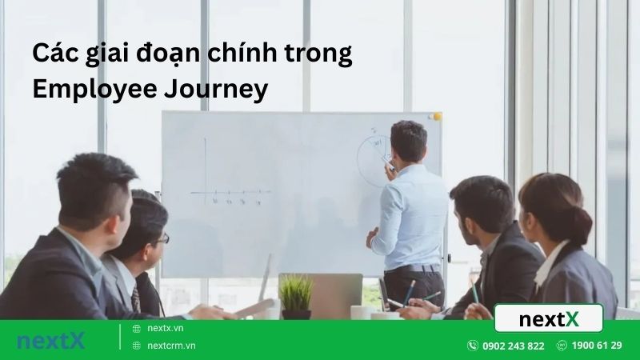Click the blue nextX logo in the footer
pyautogui.click(x=50, y=340)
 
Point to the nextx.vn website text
pyautogui.click(x=166, y=328)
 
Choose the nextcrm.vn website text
pyautogui.click(x=171, y=346)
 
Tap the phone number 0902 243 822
pyautogui.click(x=513, y=346)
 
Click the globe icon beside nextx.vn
pyautogui.click(x=137, y=328)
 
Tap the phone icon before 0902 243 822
pyautogui.click(x=473, y=346)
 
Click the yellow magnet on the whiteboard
pyautogui.click(x=436, y=117)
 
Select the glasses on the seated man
pyautogui.click(x=162, y=238)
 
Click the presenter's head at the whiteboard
pyautogui.click(x=408, y=142)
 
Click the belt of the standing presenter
pyautogui.click(x=414, y=268)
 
